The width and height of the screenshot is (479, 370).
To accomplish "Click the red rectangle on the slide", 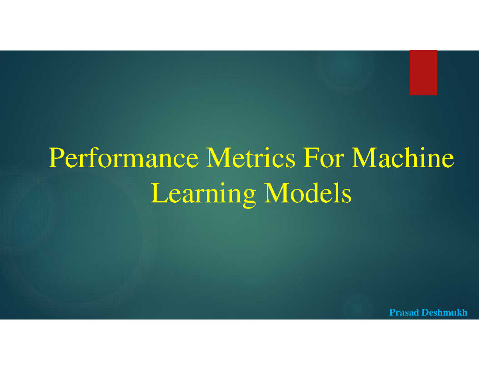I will [x=423, y=73].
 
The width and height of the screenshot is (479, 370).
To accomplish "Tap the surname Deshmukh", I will [x=445, y=312].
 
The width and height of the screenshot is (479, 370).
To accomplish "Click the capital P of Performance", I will [x=55, y=158].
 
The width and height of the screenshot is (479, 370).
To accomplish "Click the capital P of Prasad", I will [x=392, y=312].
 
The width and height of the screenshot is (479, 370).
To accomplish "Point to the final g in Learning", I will [x=249, y=197].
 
